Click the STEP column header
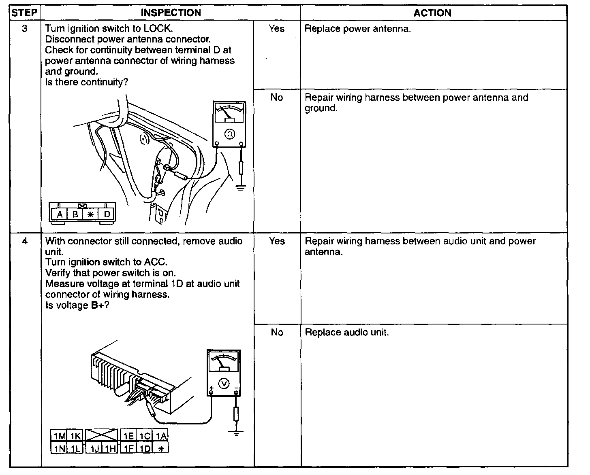tap(25, 13)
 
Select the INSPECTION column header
tap(171, 13)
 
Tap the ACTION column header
tap(432, 13)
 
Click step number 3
tap(25, 29)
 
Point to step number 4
tap(25, 241)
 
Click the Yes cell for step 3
tap(276, 29)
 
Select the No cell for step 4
tap(277, 332)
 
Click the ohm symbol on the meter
tap(229, 134)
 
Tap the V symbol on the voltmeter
tap(224, 383)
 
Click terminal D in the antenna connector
tap(107, 214)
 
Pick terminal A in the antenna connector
tap(60, 214)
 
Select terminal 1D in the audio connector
tap(145, 448)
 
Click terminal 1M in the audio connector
tap(59, 436)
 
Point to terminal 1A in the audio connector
tap(161, 436)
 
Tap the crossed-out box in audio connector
tap(101, 435)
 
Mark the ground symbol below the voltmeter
tap(235, 433)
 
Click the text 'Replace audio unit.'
tap(346, 332)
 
